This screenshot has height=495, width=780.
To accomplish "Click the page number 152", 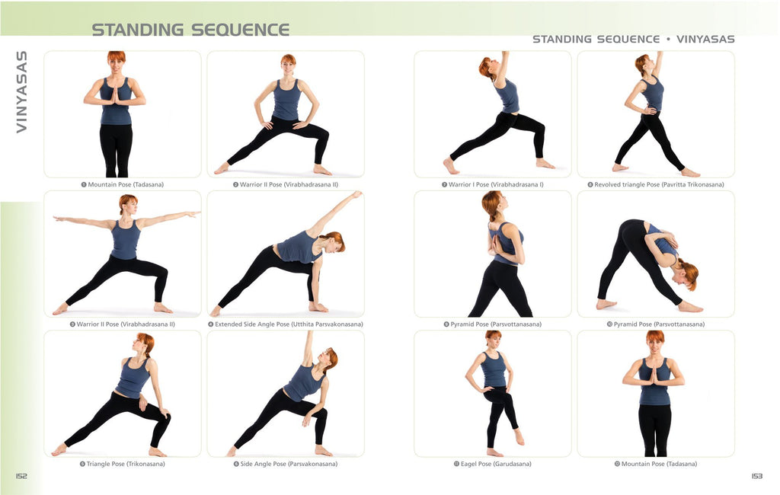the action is pos(21,476).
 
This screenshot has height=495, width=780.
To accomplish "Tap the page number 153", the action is pos(756,476).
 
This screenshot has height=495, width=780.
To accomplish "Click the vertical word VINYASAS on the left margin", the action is pos(21,91).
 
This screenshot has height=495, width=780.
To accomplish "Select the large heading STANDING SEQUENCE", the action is pos(190,30).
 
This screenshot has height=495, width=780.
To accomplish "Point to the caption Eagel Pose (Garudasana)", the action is pos(492,464).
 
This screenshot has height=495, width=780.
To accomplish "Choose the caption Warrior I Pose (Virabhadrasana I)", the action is pos(493,184).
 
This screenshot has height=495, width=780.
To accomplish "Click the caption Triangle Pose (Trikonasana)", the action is pos(123,464).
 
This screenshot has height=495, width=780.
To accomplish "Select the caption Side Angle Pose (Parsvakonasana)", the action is pos(286,464).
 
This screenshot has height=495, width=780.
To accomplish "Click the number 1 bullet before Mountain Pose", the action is pos(84,184).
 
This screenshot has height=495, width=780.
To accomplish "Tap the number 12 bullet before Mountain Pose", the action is pos(617,464).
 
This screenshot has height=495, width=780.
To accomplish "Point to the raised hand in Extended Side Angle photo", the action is pos(356,194).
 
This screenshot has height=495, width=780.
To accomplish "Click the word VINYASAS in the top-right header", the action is pos(705,40).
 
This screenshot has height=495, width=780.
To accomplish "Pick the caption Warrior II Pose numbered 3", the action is pos(123,324).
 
